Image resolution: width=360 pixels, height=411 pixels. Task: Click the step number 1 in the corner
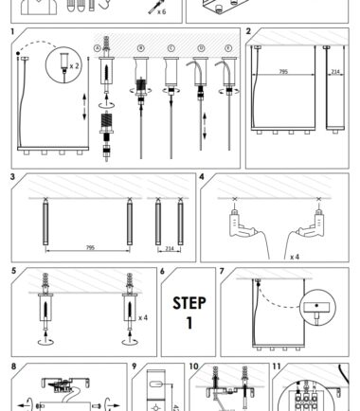tap(12, 32)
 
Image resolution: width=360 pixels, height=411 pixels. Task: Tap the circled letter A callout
tap(98, 48)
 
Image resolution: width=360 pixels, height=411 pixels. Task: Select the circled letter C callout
tap(171, 48)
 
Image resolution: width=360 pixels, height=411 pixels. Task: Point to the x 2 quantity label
tap(75, 66)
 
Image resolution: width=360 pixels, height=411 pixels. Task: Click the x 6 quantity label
tap(161, 12)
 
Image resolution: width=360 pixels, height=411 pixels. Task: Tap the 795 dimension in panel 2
tap(283, 72)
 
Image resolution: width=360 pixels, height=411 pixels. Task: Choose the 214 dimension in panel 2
tap(335, 72)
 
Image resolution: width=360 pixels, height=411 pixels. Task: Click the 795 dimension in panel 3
tap(90, 248)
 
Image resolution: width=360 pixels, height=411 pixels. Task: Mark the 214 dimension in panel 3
tap(170, 249)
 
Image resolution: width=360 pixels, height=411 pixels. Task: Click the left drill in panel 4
tap(243, 223)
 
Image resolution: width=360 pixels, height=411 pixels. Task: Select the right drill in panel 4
tap(311, 223)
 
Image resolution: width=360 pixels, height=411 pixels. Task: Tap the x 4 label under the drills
tap(295, 257)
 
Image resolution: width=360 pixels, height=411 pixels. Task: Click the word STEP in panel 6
tap(189, 303)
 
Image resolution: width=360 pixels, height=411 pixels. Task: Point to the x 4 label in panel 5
tap(143, 317)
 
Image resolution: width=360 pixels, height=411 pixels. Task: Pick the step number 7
tap(222, 271)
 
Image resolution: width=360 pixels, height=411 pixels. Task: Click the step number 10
tap(193, 366)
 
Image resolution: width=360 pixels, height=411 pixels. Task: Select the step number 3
tap(12, 177)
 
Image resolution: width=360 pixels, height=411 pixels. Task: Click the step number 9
tap(135, 366)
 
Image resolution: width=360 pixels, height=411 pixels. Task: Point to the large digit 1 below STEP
tap(189, 323)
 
